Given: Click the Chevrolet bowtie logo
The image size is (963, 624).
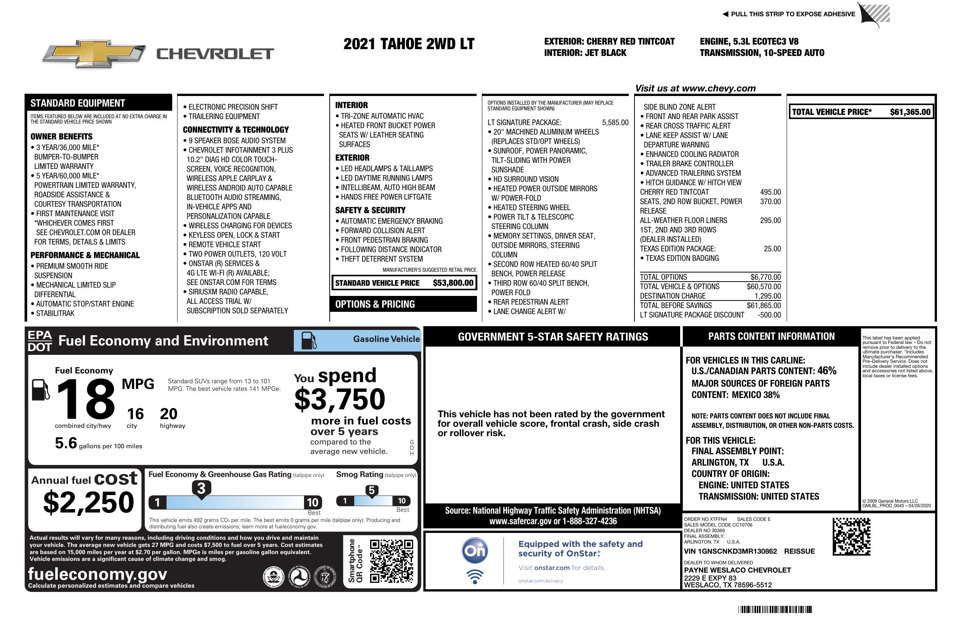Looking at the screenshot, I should tap(94, 54).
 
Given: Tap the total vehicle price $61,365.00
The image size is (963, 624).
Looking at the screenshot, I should tap(910, 112).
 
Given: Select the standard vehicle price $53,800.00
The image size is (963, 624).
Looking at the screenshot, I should tap(453, 283).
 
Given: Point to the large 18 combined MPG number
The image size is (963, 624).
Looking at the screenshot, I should tap(85, 399).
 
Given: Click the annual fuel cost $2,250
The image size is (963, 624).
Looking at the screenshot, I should tap(88, 502).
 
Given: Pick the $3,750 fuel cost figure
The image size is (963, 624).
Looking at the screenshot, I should tap(340, 399).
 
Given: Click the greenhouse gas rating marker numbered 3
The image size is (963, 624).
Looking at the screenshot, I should tap(201, 488).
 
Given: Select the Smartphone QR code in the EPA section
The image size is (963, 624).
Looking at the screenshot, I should tap(391, 561).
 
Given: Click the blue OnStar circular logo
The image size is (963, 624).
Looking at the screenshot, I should tap(475, 551).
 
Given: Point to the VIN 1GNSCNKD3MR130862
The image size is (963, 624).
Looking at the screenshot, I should tap(730, 551).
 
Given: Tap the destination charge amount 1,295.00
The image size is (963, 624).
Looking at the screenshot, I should tap(767, 296).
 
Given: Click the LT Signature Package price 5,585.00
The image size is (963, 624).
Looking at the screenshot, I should tap(615, 123).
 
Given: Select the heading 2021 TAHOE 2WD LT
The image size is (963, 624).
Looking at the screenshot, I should tap(409, 44).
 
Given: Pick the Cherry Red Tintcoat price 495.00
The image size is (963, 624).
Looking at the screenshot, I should tap(770, 192).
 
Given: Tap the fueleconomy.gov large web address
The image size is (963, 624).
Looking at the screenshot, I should tap(97, 574).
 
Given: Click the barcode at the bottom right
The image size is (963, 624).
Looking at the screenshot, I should tap(775, 609).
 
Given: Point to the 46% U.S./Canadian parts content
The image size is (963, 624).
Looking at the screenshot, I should tap(826, 371).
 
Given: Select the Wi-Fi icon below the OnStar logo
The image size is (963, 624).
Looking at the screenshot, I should tap(475, 577).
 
